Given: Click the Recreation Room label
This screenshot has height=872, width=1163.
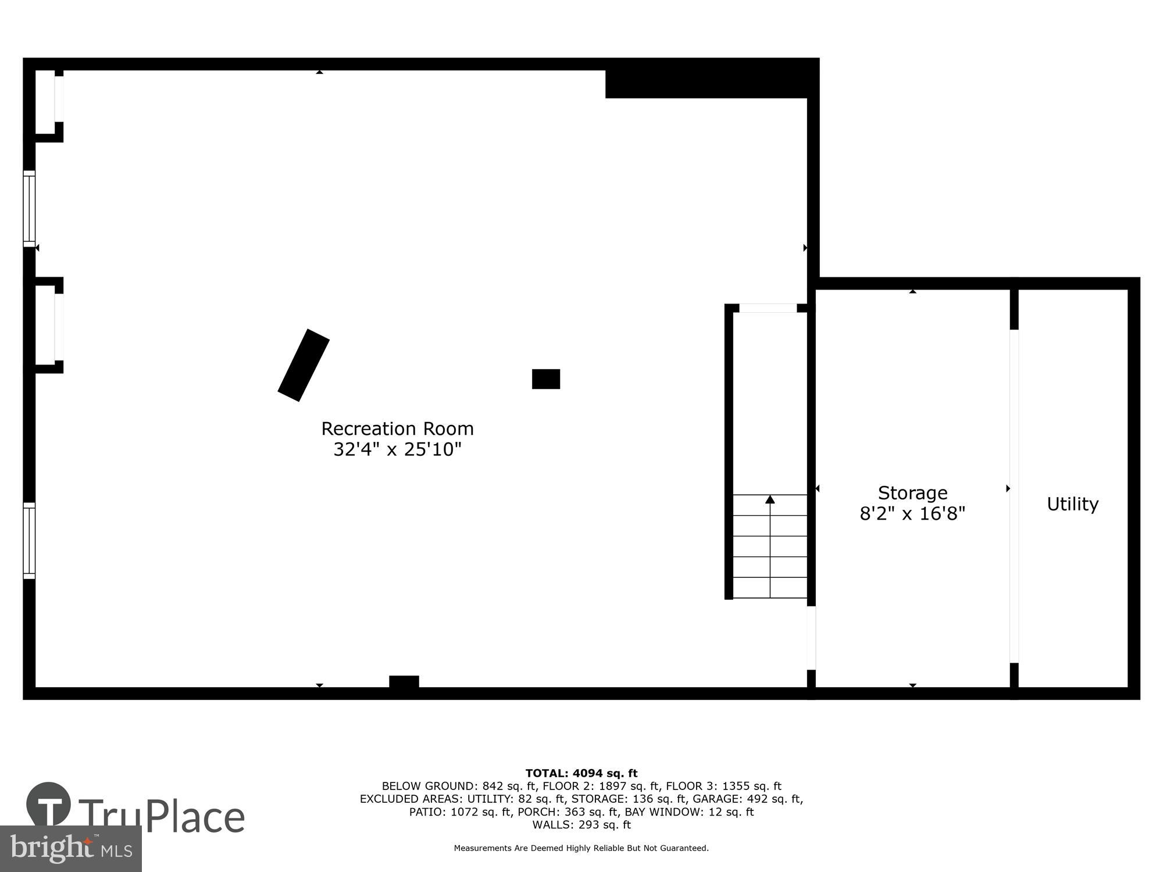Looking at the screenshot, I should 397,429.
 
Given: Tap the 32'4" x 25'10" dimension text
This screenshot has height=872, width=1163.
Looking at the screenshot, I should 397,449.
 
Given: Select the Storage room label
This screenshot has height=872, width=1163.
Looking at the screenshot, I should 912,493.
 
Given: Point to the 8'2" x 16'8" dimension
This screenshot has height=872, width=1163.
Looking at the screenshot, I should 912,514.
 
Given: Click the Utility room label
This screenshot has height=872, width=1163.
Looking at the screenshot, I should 1072,504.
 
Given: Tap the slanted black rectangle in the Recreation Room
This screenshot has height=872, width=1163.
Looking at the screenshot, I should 304,365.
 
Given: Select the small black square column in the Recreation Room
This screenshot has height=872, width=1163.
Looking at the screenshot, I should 545,379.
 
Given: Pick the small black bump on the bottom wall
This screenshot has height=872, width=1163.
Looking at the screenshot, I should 404,681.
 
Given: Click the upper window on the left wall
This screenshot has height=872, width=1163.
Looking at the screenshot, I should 29,209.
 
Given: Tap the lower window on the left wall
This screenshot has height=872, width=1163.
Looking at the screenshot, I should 29,541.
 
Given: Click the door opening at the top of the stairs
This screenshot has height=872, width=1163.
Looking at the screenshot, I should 768,308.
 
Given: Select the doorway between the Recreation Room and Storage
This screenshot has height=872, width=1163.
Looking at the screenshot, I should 811,638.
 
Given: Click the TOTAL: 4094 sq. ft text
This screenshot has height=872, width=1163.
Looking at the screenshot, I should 581,773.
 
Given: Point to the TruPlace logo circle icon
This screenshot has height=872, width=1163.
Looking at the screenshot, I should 49,805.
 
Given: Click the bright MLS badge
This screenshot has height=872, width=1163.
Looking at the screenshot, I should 70,849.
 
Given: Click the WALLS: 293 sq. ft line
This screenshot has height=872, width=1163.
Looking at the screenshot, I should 581,824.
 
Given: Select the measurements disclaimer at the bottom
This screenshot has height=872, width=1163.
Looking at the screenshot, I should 581,848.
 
